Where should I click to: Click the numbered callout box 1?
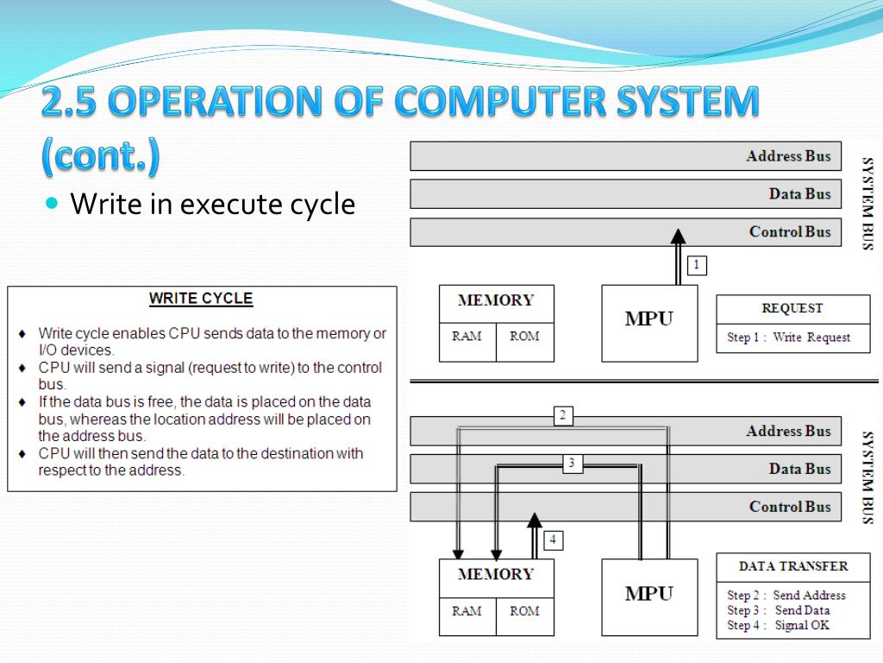click(697, 265)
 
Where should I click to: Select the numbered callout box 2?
click(562, 416)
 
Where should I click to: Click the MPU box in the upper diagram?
click(649, 322)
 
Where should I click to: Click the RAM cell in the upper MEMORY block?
click(467, 337)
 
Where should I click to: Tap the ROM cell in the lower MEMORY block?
click(524, 611)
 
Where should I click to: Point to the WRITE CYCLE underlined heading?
click(201, 299)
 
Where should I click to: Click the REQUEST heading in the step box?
click(792, 308)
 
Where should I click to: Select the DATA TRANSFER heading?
click(793, 566)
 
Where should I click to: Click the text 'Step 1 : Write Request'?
click(788, 338)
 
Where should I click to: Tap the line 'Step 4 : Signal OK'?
click(779, 625)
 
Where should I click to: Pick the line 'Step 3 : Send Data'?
click(779, 610)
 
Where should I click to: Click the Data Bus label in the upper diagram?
click(799, 194)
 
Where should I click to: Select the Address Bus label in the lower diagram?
click(788, 432)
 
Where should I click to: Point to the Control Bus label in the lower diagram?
click(790, 507)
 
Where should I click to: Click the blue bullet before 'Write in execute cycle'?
click(53, 204)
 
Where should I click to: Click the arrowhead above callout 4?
click(535, 520)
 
